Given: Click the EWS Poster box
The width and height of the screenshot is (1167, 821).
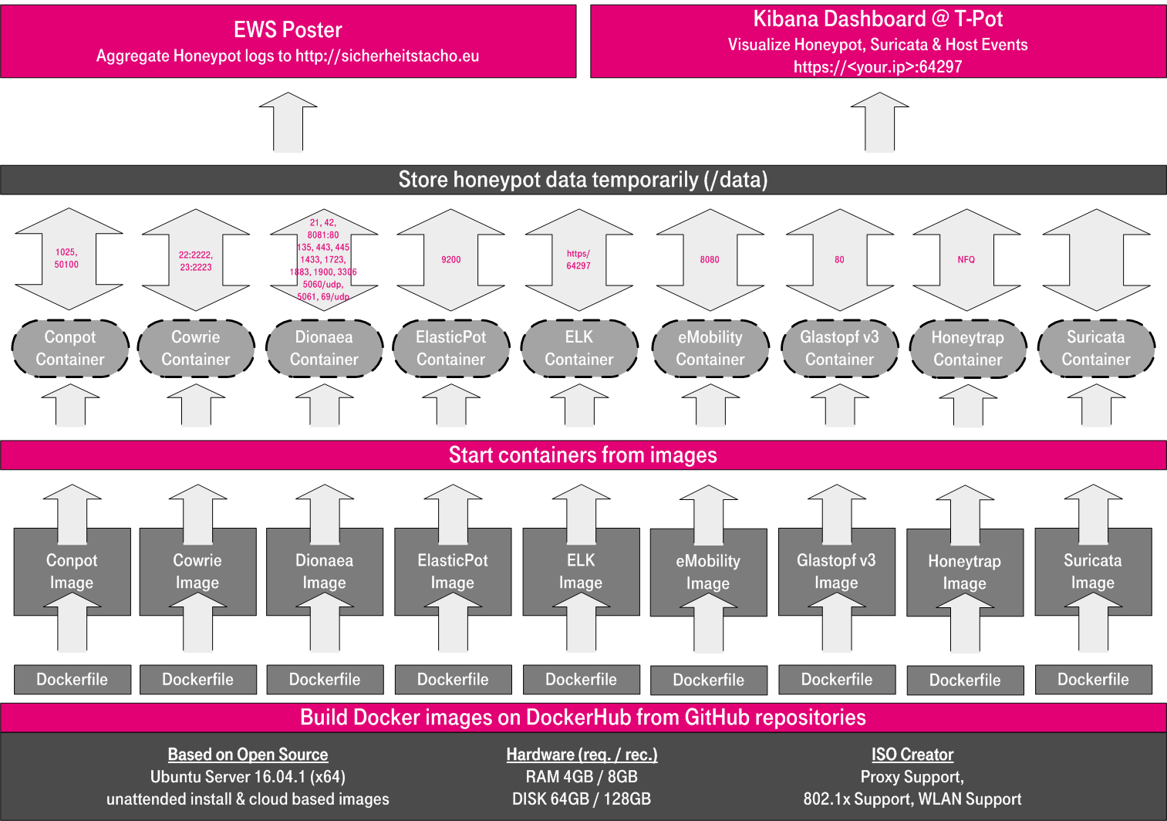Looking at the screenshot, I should tap(288, 42).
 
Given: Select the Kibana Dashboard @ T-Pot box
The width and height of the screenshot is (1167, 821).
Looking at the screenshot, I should tap(878, 42).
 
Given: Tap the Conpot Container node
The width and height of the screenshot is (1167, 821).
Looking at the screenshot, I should tap(70, 349).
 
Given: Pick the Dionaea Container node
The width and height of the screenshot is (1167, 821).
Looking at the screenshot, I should tap(324, 349).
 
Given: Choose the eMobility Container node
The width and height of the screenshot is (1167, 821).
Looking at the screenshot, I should tap(710, 349).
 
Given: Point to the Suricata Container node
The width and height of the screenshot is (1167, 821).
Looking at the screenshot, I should tap(1095, 349).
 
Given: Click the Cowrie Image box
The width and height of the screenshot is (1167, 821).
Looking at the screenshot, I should tap(197, 572).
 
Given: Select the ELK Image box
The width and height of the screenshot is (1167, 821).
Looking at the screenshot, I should tap(581, 572).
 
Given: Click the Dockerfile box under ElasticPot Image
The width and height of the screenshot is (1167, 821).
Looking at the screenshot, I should tap(453, 680).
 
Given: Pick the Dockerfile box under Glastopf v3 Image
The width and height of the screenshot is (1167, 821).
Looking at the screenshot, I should tap(837, 680).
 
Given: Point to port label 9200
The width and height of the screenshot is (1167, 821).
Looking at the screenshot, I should tap(451, 260).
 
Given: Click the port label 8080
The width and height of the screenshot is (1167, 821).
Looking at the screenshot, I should tap(710, 260).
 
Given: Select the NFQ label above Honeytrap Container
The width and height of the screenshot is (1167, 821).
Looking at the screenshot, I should tap(966, 260).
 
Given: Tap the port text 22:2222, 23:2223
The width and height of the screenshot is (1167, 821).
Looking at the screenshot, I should tap(196, 261).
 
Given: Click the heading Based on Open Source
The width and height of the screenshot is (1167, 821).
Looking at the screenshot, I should tap(248, 755).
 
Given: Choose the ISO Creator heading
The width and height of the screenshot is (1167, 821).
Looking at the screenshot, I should tap(912, 755).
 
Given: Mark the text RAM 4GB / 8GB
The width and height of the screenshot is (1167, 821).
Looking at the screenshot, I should tap(582, 777).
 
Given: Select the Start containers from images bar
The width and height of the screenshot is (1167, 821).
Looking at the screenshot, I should tap(583, 455).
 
